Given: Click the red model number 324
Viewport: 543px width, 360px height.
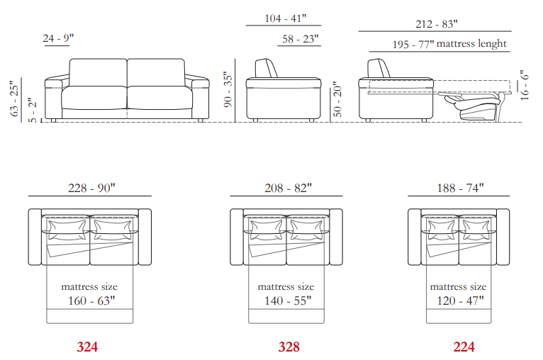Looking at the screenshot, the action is coord(87,347).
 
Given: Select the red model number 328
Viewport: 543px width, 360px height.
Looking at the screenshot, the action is coord(289,347).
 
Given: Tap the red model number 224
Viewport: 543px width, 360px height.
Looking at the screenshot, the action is coord(464,347).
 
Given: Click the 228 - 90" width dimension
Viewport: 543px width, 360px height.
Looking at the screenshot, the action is coord(91,188).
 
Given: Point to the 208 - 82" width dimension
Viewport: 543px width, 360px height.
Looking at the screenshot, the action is coord(288,188).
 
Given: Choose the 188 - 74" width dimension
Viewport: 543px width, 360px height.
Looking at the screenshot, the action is coord(460,188).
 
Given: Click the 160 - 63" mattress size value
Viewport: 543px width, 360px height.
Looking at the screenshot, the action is coord(91,300).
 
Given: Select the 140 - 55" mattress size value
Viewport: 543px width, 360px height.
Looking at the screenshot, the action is coord(288,300).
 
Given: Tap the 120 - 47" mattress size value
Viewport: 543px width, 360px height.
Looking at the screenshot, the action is coord(460,300).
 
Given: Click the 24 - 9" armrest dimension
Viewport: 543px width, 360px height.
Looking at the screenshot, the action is coord(58,38).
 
